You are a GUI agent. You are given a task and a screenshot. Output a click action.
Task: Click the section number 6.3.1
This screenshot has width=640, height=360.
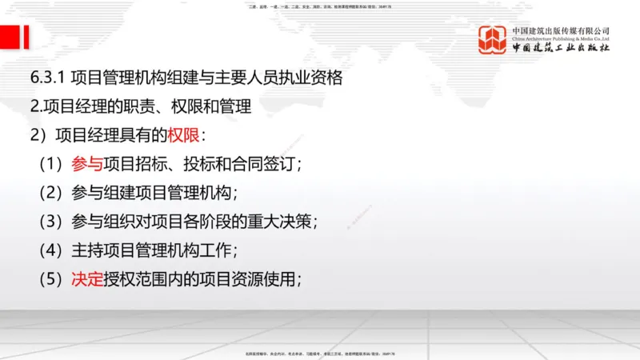point(47,78)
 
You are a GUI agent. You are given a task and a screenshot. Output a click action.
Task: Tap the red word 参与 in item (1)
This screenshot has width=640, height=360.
point(86,164)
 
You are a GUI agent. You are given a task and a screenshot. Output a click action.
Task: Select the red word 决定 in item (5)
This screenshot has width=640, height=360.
point(86,279)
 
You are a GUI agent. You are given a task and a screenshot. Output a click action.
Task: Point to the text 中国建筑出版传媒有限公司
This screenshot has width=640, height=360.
point(561,30)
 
